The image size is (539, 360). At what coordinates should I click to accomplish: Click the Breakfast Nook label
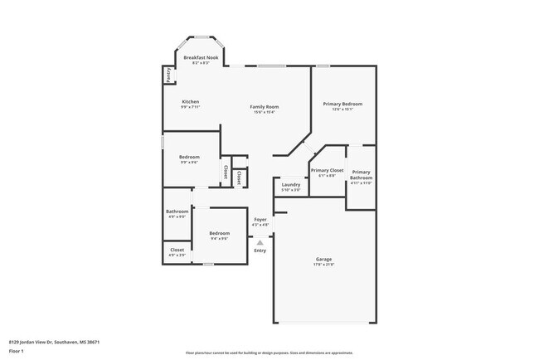pos(196,58)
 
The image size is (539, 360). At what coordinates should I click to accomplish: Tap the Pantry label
pos(169,75)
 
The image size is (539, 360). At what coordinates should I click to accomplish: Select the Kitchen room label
pos(191,102)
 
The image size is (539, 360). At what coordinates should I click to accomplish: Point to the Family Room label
pos(265,106)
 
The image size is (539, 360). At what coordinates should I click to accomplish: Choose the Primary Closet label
pos(327,170)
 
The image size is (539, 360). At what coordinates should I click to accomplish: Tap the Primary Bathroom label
pos(361,174)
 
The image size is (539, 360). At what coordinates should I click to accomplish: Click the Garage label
pos(323,259)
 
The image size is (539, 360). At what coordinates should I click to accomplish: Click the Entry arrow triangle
pos(260,242)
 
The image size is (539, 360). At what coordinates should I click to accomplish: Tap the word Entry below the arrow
pos(260,251)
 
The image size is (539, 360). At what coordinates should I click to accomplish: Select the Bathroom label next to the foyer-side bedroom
pos(177,212)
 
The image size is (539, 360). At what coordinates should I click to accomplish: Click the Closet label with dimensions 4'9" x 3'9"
pos(177,250)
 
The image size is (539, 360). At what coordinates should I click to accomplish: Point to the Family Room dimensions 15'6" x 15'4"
pos(265,112)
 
